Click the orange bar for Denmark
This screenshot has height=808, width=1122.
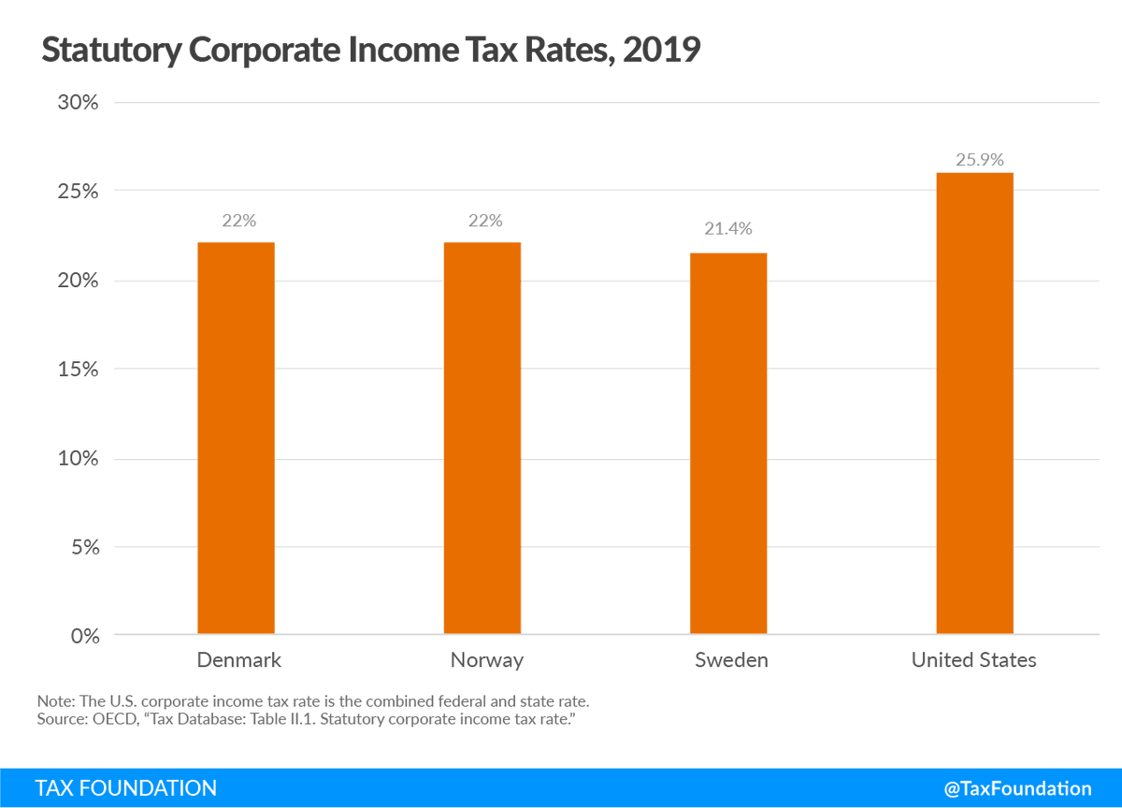click(236, 439)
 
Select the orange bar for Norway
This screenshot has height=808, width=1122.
click(482, 439)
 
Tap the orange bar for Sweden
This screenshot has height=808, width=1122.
click(728, 443)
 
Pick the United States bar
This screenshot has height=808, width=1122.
click(974, 403)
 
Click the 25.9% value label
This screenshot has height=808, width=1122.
click(979, 160)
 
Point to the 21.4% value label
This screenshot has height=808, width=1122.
click(728, 228)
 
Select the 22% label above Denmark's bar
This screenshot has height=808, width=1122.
click(238, 221)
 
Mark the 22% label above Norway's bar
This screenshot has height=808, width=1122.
click(485, 221)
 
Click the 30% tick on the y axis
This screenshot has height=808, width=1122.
click(78, 103)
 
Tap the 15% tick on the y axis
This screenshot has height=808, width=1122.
click(78, 369)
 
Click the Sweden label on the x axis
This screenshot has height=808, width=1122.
click(731, 660)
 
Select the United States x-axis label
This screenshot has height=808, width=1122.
click(973, 660)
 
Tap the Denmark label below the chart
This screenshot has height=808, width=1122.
click(238, 660)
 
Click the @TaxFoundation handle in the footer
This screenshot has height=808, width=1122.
click(1017, 788)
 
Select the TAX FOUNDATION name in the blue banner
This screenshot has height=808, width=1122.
click(126, 788)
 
